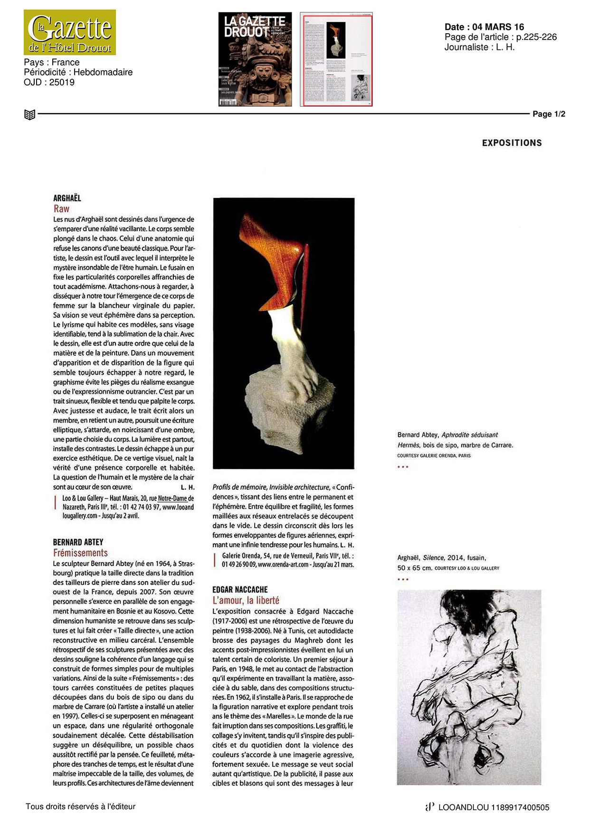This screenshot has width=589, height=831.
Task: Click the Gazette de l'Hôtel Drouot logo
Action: tap(70, 32)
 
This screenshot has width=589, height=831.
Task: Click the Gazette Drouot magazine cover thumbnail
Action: tap(255, 59)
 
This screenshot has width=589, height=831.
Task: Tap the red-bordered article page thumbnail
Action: tap(336, 59)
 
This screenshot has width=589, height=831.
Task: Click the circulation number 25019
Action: tap(62, 82)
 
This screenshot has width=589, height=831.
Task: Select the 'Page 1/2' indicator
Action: tap(549, 114)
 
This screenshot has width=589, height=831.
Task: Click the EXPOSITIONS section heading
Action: tap(512, 143)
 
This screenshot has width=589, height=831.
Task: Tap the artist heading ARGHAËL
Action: tap(67, 198)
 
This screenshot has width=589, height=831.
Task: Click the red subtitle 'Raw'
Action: tap(61, 208)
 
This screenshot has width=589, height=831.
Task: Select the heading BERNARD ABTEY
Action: tap(78, 542)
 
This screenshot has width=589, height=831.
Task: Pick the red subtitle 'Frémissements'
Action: tap(80, 553)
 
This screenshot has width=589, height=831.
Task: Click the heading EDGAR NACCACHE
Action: tap(240, 589)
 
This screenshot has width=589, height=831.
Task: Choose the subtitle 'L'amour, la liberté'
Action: tap(246, 600)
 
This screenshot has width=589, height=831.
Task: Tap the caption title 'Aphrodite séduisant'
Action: tap(469, 434)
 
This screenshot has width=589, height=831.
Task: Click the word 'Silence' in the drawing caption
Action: tap(433, 558)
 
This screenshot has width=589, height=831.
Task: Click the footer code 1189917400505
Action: tap(520, 807)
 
